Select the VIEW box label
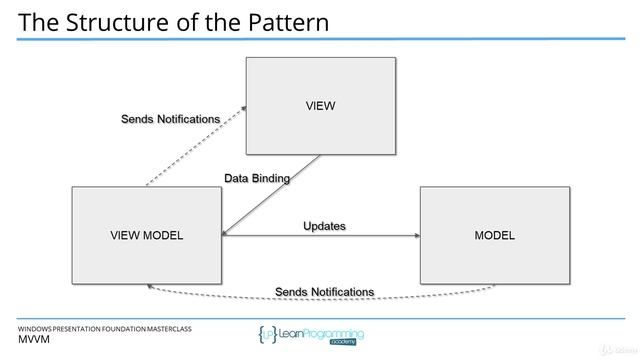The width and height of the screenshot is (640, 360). point(320,104)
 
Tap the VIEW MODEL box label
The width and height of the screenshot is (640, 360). point(146,236)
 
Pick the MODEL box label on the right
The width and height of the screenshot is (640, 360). point(494,236)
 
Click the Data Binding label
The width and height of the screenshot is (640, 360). point(257,179)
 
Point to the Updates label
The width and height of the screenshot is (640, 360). point(324,226)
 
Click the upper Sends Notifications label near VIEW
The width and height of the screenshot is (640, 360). point(170,119)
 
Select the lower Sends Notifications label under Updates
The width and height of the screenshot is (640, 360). point(324,292)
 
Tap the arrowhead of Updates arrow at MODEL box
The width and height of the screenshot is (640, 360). point(415,236)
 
